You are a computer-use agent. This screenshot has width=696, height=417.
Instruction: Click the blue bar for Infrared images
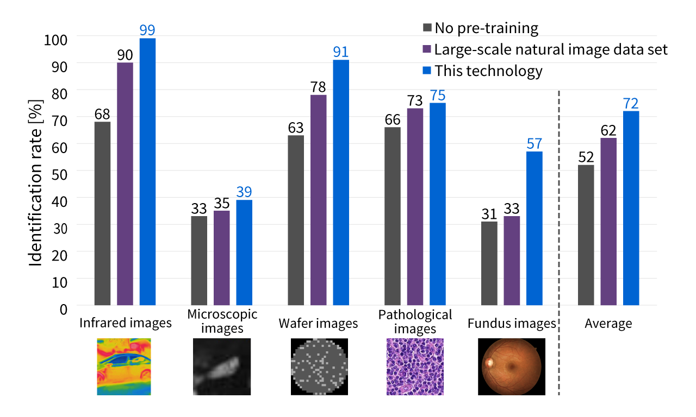(x=147, y=172)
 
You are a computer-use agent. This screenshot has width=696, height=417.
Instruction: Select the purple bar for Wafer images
(x=318, y=200)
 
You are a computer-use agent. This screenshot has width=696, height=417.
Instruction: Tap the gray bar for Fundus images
(x=489, y=263)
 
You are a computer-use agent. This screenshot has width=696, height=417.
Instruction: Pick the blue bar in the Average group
(x=631, y=208)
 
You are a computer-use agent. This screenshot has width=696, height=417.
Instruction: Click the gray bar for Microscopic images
(x=199, y=261)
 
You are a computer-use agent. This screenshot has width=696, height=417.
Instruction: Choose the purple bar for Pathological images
(x=415, y=207)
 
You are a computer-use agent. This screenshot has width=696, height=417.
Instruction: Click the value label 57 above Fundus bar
(x=534, y=144)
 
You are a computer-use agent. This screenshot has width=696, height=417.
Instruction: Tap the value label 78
(x=318, y=87)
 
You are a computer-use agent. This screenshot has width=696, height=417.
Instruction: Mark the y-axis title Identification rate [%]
(x=36, y=182)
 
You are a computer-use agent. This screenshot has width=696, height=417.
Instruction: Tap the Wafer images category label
(x=318, y=324)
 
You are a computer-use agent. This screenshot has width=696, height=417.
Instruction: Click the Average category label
(x=608, y=324)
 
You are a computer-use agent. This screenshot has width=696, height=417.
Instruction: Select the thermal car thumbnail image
(x=125, y=367)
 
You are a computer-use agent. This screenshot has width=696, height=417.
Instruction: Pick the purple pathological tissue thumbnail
(x=415, y=367)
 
